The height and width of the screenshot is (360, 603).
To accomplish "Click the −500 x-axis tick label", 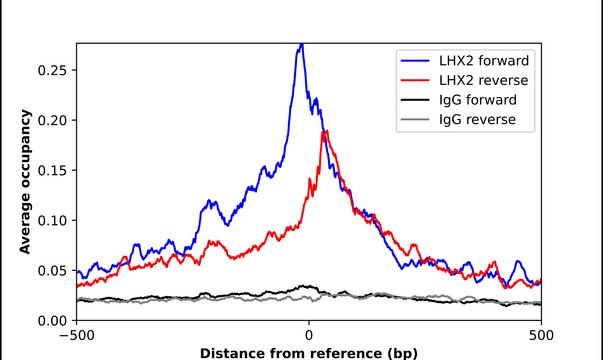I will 77,336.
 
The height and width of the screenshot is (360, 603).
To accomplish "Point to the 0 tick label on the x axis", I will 309,336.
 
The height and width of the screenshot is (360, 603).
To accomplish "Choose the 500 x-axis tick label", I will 541,336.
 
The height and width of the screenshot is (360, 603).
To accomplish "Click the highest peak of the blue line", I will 302,45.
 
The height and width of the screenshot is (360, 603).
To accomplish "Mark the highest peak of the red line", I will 324,131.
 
